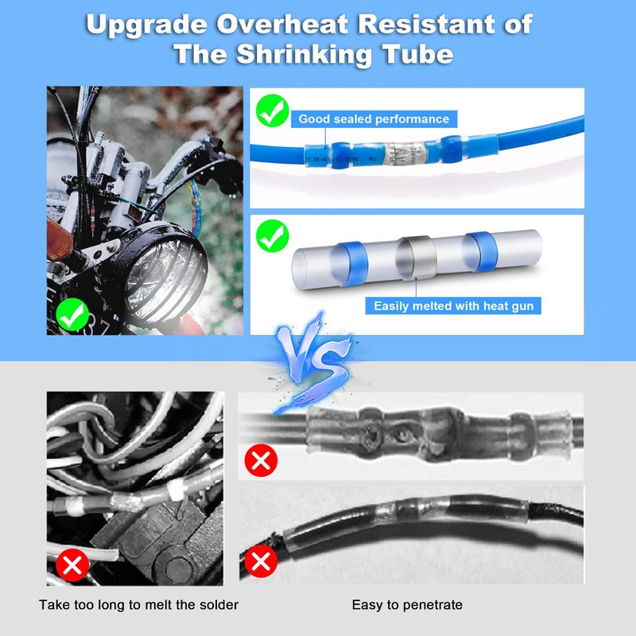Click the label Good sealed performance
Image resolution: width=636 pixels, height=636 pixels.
click(373, 119)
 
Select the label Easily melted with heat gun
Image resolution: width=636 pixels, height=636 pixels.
click(453, 306)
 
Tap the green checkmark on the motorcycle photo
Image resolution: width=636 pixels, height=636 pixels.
click(74, 315)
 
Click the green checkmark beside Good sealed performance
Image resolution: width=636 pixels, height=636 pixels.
click(273, 111)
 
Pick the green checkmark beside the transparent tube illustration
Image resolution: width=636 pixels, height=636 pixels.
click(273, 237)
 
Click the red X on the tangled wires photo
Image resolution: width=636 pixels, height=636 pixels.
click(73, 566)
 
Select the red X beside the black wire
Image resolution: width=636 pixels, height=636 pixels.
click(260, 562)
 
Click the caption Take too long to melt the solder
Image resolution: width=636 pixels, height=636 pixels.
click(138, 606)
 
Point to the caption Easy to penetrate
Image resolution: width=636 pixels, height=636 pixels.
click(407, 606)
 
